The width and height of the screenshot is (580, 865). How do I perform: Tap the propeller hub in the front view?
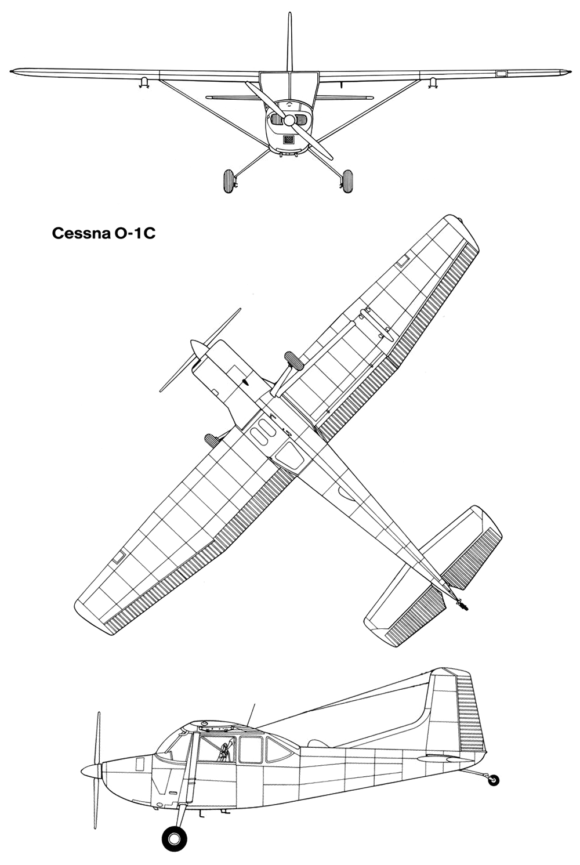[289, 121]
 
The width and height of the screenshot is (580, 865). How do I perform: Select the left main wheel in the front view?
[229, 182]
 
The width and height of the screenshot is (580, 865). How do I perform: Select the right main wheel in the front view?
[347, 182]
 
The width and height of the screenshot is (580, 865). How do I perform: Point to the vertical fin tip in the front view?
[289, 14]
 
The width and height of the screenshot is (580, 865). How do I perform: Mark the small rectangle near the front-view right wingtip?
[501, 73]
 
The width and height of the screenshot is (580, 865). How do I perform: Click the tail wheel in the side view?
[494, 780]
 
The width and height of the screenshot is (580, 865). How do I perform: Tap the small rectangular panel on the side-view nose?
[140, 764]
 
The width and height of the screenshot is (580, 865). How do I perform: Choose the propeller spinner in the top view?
[198, 349]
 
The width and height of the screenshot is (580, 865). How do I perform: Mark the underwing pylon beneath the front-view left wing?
[144, 82]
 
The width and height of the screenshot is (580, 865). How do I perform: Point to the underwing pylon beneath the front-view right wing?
[433, 82]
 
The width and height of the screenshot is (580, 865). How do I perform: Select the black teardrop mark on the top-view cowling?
[244, 382]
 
